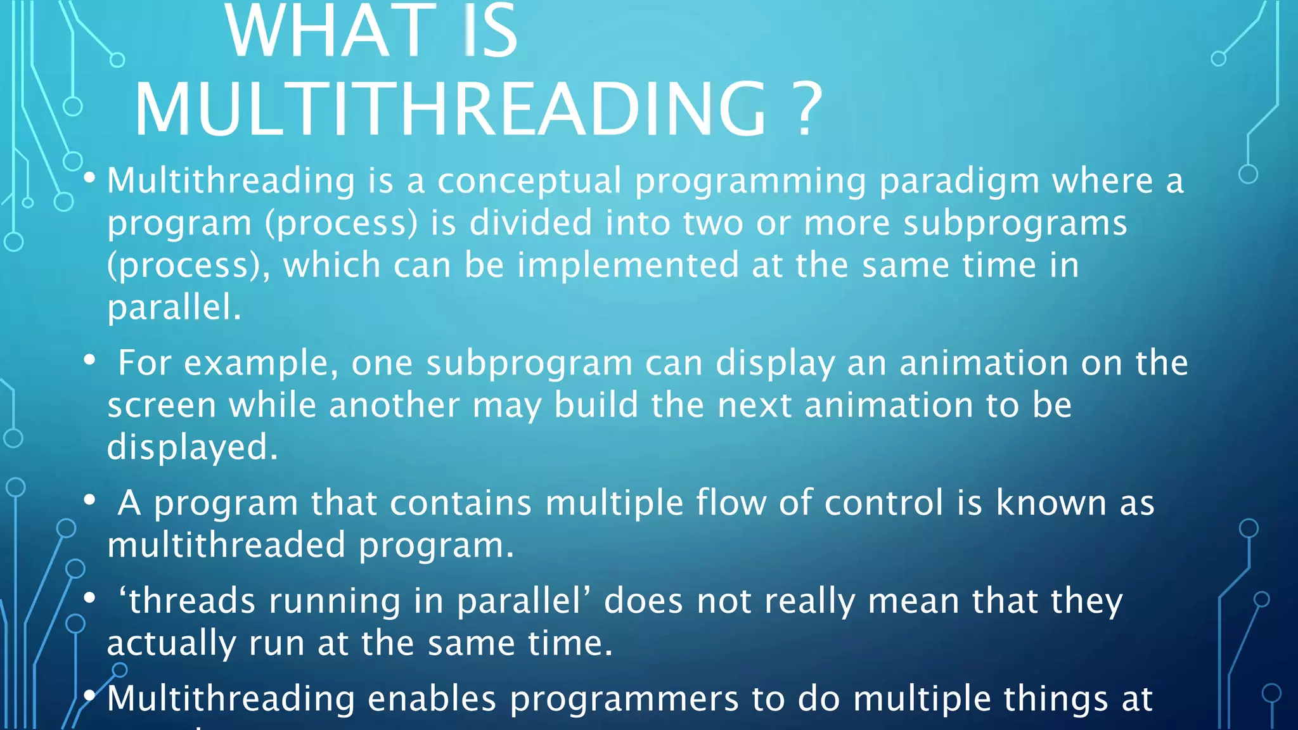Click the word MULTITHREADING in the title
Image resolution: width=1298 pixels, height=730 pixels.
coord(450,109)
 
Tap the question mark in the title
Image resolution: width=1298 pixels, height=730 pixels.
coord(806,109)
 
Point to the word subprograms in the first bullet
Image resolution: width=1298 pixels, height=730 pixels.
coord(1015,224)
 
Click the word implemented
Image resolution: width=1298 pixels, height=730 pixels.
coord(627,266)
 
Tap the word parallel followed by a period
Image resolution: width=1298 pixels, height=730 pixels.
coord(174,308)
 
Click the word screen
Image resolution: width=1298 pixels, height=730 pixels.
coord(162,406)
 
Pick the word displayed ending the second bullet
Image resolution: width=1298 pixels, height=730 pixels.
coord(191,448)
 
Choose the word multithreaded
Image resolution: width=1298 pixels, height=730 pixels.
coord(226,545)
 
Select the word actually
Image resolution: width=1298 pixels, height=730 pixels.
coord(171,644)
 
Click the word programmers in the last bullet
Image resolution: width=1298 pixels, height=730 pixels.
coord(624,699)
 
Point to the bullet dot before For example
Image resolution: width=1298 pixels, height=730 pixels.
coord(89,361)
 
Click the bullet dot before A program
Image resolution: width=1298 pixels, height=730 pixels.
coord(89,501)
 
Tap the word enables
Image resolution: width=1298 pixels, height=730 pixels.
coord(432,699)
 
